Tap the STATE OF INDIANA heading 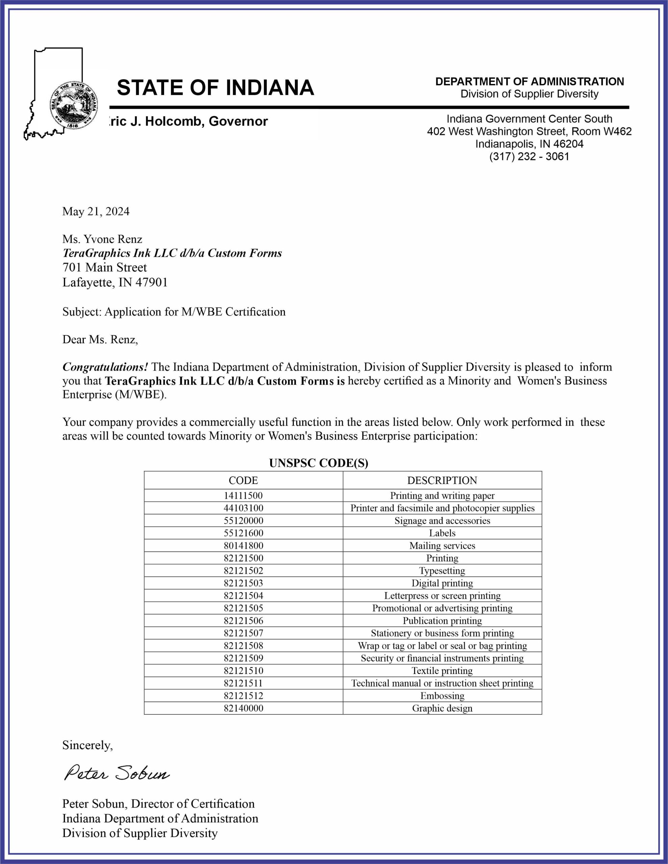click(x=215, y=88)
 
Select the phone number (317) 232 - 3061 click(x=529, y=157)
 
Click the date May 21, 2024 click(x=96, y=212)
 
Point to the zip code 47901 click(x=152, y=282)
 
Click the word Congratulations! click(x=105, y=367)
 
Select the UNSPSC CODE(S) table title click(x=318, y=463)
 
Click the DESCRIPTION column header click(x=442, y=481)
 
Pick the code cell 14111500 click(x=243, y=496)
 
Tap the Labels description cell click(x=442, y=533)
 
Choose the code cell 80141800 click(x=243, y=546)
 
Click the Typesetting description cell click(x=442, y=571)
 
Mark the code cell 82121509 click(x=243, y=658)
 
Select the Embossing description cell click(x=442, y=696)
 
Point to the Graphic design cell click(x=442, y=708)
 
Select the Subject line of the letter click(x=174, y=312)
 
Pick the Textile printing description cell click(x=442, y=671)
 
